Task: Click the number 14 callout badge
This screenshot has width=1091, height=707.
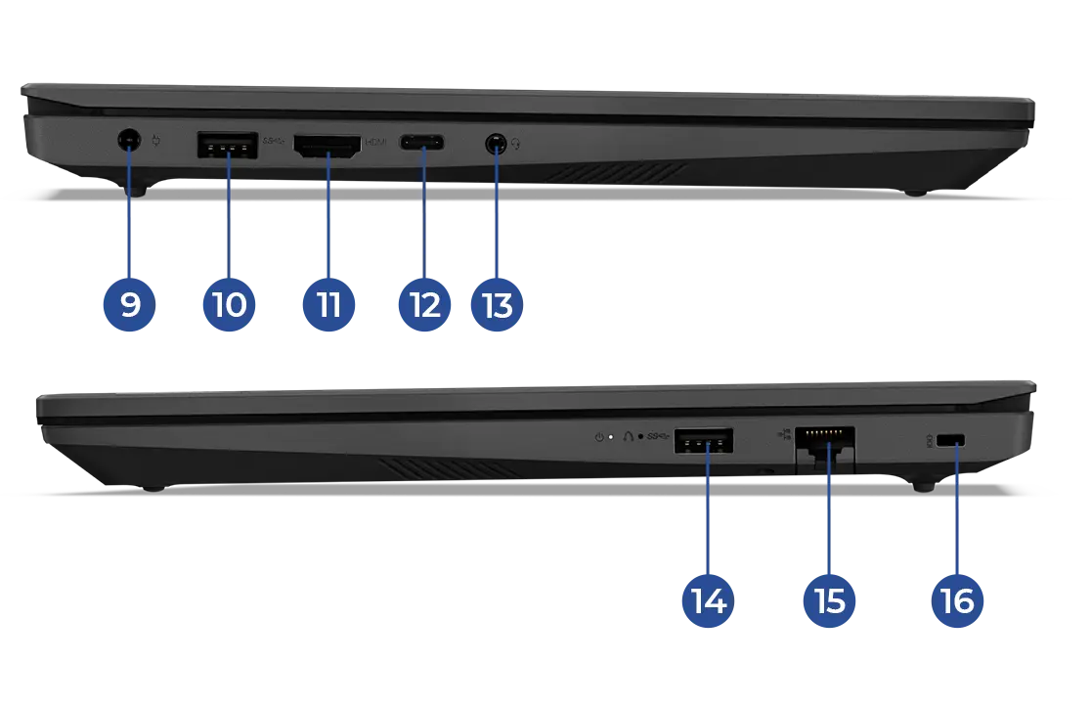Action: click(x=708, y=599)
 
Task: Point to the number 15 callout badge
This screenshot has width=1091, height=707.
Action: click(x=829, y=599)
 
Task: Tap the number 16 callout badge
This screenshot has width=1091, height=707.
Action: click(x=956, y=599)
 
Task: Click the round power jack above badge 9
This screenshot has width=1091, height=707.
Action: click(x=127, y=142)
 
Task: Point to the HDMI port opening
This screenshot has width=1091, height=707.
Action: click(x=327, y=146)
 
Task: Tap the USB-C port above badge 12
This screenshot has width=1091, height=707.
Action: click(x=422, y=145)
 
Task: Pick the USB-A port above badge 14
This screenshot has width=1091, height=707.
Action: click(x=704, y=442)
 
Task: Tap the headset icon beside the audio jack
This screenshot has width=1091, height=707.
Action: click(x=515, y=145)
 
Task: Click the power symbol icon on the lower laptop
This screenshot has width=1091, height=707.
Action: click(x=598, y=436)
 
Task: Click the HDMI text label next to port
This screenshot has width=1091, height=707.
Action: click(x=376, y=143)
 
